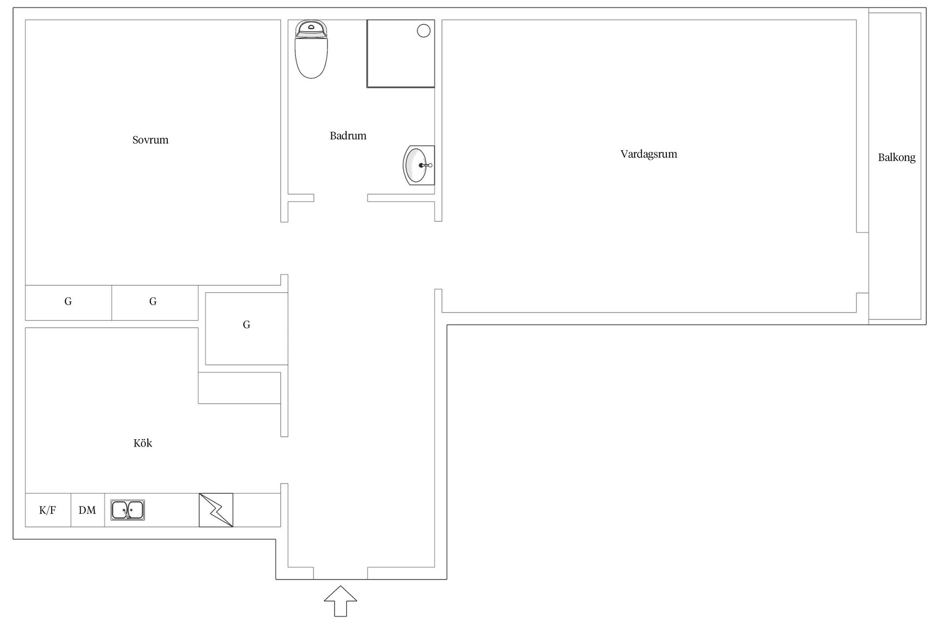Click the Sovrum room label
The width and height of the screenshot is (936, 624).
pyautogui.click(x=150, y=140)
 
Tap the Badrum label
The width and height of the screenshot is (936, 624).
pyautogui.click(x=348, y=136)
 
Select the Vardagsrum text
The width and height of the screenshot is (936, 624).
pyautogui.click(x=648, y=154)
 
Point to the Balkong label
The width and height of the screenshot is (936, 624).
pyautogui.click(x=897, y=157)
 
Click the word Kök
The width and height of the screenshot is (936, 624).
pyautogui.click(x=143, y=443)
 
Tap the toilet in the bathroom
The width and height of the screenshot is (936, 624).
pyautogui.click(x=311, y=49)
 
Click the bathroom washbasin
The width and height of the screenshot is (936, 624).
pyautogui.click(x=418, y=165)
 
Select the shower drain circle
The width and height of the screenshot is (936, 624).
pyautogui.click(x=424, y=31)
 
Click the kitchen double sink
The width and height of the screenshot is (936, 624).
pyautogui.click(x=128, y=510)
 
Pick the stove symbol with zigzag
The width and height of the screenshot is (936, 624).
pyautogui.click(x=216, y=510)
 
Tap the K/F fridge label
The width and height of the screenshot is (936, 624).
pyautogui.click(x=47, y=510)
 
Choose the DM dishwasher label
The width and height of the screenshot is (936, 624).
pyautogui.click(x=87, y=510)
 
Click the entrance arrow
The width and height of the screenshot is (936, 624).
pyautogui.click(x=340, y=601)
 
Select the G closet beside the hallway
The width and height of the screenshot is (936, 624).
pyautogui.click(x=247, y=325)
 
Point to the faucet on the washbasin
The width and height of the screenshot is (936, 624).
pyautogui.click(x=426, y=165)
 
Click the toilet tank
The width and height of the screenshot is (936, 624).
pyautogui.click(x=311, y=28)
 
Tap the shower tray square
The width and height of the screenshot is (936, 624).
pyautogui.click(x=401, y=54)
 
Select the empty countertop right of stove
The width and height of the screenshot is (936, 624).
pyautogui.click(x=257, y=510)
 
